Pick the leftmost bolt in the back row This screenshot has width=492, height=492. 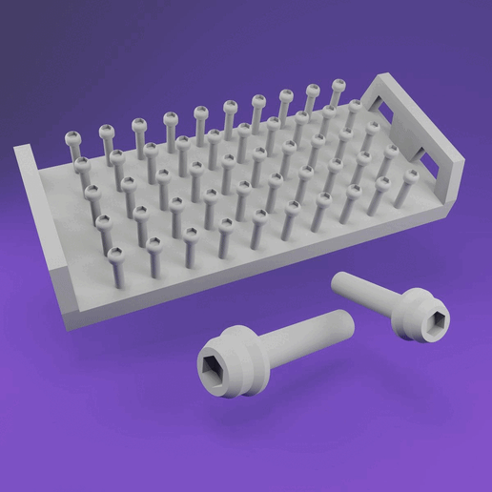(74, 144)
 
